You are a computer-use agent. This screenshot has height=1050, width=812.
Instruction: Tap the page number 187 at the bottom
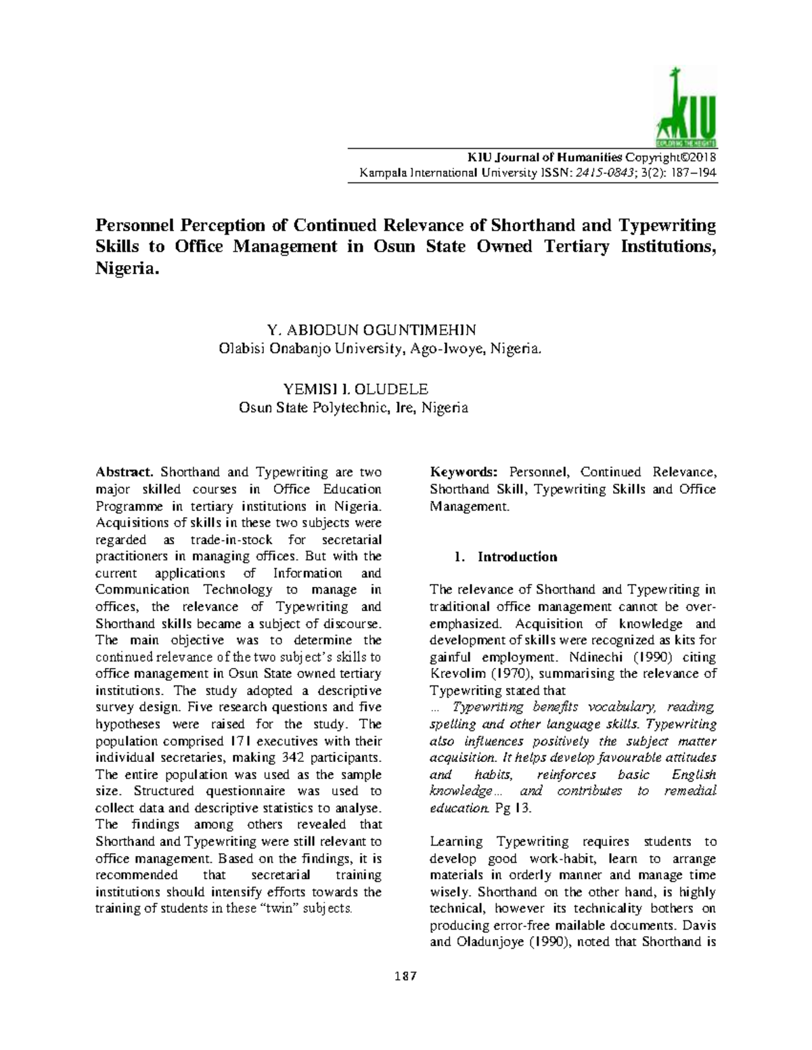click(x=406, y=976)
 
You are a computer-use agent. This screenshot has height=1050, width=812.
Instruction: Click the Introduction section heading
click(x=517, y=557)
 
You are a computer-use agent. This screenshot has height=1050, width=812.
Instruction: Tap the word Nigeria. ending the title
click(x=128, y=269)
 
